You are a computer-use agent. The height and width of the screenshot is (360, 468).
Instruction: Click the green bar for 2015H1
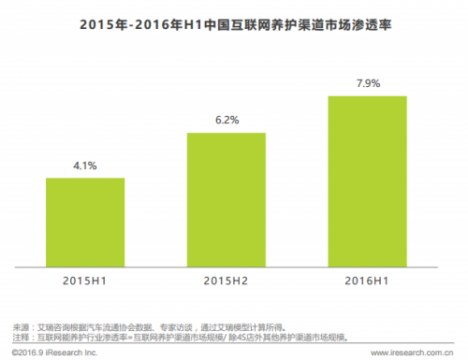(85, 222)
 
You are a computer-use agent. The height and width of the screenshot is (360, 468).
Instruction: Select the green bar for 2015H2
(226, 199)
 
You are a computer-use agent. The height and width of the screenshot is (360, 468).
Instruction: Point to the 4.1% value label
(85, 165)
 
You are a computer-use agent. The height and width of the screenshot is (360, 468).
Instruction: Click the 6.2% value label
(226, 121)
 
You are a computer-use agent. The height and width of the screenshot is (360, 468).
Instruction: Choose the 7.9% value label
(367, 84)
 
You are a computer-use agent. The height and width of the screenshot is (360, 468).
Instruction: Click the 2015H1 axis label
(85, 280)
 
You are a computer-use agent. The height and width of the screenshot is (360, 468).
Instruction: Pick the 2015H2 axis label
(226, 280)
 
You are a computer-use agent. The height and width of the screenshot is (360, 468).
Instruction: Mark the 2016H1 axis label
(367, 280)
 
